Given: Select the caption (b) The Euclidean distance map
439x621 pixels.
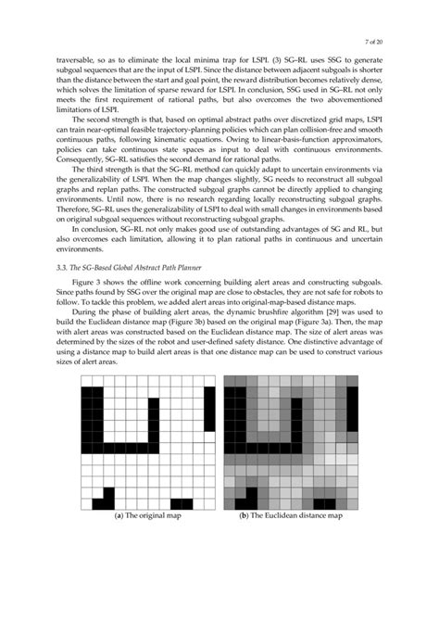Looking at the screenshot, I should [x=291, y=515].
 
